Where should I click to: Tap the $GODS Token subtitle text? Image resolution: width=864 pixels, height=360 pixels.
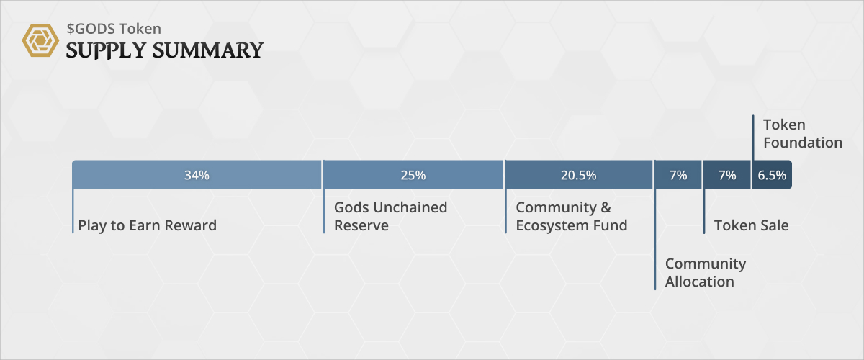coord(113,29)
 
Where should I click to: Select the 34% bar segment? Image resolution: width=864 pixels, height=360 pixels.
coord(197,175)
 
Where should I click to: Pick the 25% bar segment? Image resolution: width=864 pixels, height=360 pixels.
coord(413,175)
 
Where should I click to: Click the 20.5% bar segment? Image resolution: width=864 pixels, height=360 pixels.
coord(578,175)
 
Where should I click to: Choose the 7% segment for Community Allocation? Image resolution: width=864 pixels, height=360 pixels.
coord(678,175)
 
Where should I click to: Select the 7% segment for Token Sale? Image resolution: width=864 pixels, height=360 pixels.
coord(727,175)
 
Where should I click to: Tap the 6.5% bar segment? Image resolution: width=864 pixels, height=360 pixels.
coord(772,175)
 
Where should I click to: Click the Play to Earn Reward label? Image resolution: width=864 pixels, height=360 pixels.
coord(147,225)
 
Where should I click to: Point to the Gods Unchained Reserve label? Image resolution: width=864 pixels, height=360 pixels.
coord(390,216)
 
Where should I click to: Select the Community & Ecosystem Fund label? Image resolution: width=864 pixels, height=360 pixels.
coord(571,216)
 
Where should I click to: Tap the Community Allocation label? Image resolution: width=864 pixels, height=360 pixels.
coord(705,272)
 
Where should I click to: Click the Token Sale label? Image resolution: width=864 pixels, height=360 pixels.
coord(751,225)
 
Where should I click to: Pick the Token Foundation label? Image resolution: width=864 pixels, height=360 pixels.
coord(802,134)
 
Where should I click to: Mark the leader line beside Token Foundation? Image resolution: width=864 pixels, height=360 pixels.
coord(753,137)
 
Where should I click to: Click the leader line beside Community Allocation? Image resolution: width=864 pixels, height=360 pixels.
coord(655,245)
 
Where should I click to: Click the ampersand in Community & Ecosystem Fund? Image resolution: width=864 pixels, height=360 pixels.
coord(605,207)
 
